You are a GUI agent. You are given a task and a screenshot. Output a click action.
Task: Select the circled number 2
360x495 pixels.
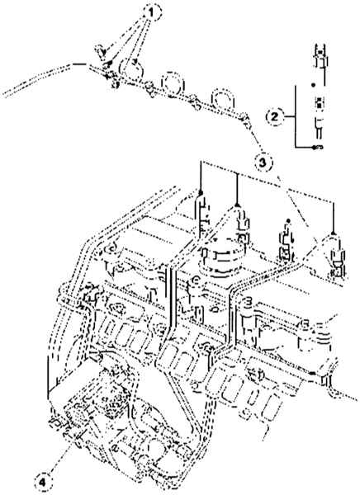click(274, 117)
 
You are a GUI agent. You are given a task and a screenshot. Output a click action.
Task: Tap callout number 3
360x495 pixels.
click(263, 163)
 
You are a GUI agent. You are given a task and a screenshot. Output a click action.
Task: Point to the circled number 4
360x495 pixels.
click(43, 482)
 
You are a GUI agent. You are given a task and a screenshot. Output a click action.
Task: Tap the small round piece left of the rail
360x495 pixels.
click(101, 51)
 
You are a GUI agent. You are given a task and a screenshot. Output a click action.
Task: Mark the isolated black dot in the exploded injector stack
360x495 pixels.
click(314, 85)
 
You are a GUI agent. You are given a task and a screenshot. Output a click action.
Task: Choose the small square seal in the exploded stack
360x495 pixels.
click(320, 101)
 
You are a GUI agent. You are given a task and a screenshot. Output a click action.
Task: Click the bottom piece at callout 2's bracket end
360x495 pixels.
click(318, 147)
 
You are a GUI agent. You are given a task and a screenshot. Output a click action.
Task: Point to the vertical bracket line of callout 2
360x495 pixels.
click(296, 116)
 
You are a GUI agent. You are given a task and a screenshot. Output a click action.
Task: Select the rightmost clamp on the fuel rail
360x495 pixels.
click(244, 119)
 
